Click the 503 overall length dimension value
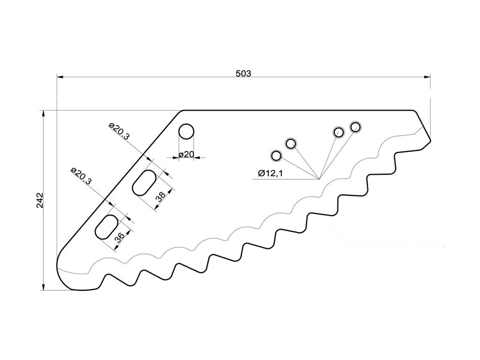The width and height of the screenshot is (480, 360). [x=243, y=73]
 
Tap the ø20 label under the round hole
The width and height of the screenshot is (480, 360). [x=186, y=154]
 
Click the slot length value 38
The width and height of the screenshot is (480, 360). [x=160, y=196]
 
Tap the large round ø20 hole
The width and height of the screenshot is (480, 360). [x=186, y=131]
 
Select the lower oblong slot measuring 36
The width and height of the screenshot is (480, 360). [x=107, y=226]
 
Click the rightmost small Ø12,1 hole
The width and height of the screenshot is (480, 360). [x=355, y=127]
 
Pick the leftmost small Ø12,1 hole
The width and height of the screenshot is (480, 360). [x=276, y=155]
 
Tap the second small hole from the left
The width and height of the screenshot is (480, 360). [x=291, y=144]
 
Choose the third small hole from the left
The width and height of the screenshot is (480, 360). [x=339, y=132]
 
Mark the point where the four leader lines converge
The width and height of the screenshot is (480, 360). [x=319, y=179]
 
